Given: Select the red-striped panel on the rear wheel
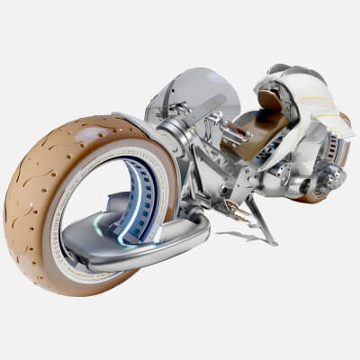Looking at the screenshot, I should coord(338,144).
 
